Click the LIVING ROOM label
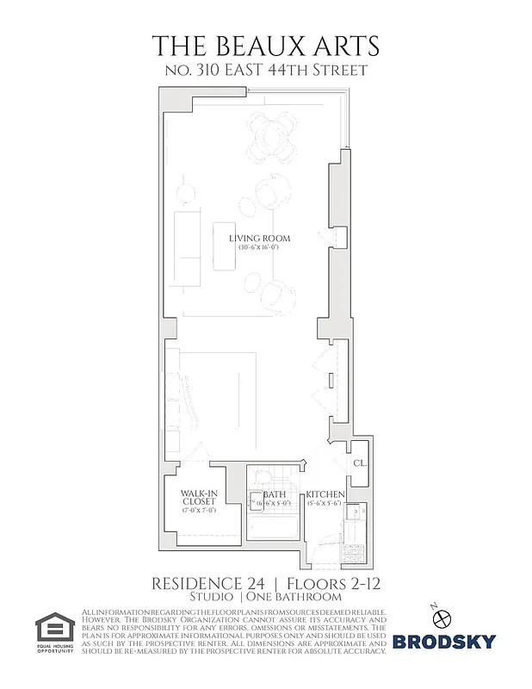click(259, 238)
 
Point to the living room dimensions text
click(259, 248)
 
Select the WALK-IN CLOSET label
click(198, 499)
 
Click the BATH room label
click(276, 494)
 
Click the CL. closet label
click(359, 463)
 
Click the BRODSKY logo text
click(444, 642)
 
